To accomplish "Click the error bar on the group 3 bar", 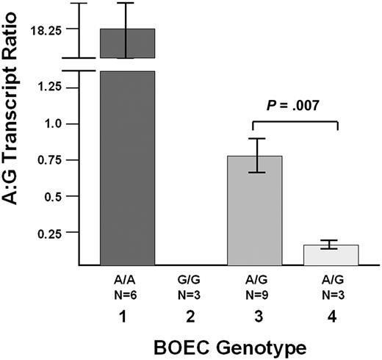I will (255, 155).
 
